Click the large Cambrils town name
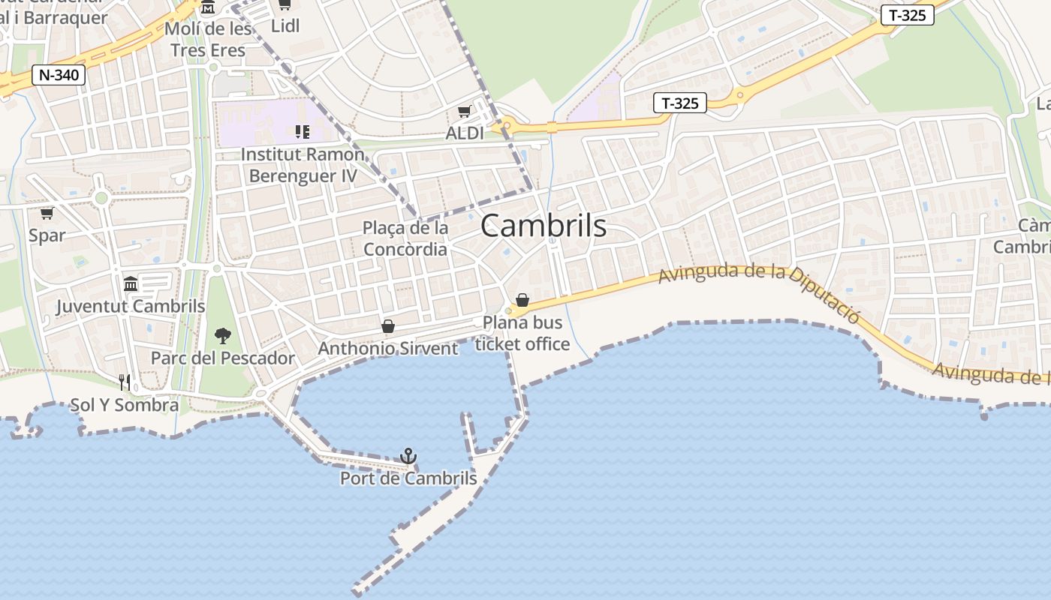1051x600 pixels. coord(543,225)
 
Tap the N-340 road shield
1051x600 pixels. coord(59,75)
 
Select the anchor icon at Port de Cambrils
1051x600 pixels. coord(408,455)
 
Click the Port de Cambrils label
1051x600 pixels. coord(408,478)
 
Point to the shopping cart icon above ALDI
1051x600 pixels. coord(465,112)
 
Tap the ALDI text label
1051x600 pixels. coord(465,133)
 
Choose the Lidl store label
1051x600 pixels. coord(285,25)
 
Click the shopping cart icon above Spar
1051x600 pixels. coord(47,214)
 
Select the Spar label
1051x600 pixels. coord(47,235)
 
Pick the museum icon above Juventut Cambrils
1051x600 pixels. coord(131,283)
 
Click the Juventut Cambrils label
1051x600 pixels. coord(131,306)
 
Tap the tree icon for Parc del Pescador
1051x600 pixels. coord(222,335)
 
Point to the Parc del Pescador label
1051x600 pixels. coord(223,358)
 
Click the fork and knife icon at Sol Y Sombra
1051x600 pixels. coord(125,382)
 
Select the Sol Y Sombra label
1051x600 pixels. coord(125,405)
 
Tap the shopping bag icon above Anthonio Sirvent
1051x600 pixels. coord(388,326)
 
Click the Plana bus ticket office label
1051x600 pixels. coord(522,334)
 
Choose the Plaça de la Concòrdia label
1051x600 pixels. coord(405,238)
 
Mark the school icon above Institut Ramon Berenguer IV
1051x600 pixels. coord(303,132)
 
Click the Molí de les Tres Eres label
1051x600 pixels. coord(208,40)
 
